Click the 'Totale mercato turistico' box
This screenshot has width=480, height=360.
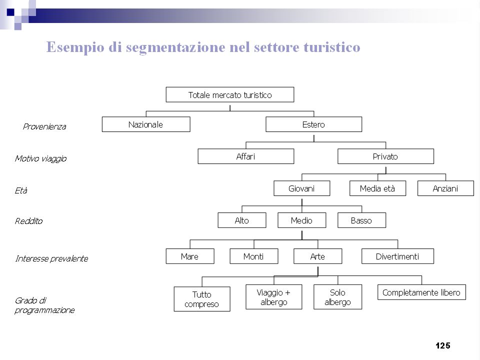tap(230, 94)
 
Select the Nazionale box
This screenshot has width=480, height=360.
tap(146, 124)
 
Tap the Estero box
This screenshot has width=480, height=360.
tap(314, 124)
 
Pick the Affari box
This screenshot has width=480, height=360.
tap(246, 156)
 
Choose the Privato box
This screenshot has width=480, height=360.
tap(385, 156)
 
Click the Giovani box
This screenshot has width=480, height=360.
tap(302, 188)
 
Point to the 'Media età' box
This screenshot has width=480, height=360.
tap(378, 188)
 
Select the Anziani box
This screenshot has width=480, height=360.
tap(445, 188)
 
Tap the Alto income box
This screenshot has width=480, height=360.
tap(242, 220)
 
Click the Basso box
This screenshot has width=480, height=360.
tap(362, 220)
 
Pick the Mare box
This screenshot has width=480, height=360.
tap(190, 256)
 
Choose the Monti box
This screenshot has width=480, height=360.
tap(254, 256)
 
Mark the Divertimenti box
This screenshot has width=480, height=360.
tap(397, 256)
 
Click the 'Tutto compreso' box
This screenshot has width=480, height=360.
tap(202, 299)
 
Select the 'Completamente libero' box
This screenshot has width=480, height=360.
tap(421, 292)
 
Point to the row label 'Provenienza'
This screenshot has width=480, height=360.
tap(44, 126)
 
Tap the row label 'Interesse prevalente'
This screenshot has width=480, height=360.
tap(51, 258)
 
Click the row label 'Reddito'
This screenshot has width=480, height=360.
tap(29, 221)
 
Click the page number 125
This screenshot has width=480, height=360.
tap(443, 345)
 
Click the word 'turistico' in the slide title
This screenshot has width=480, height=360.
tap(332, 47)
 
